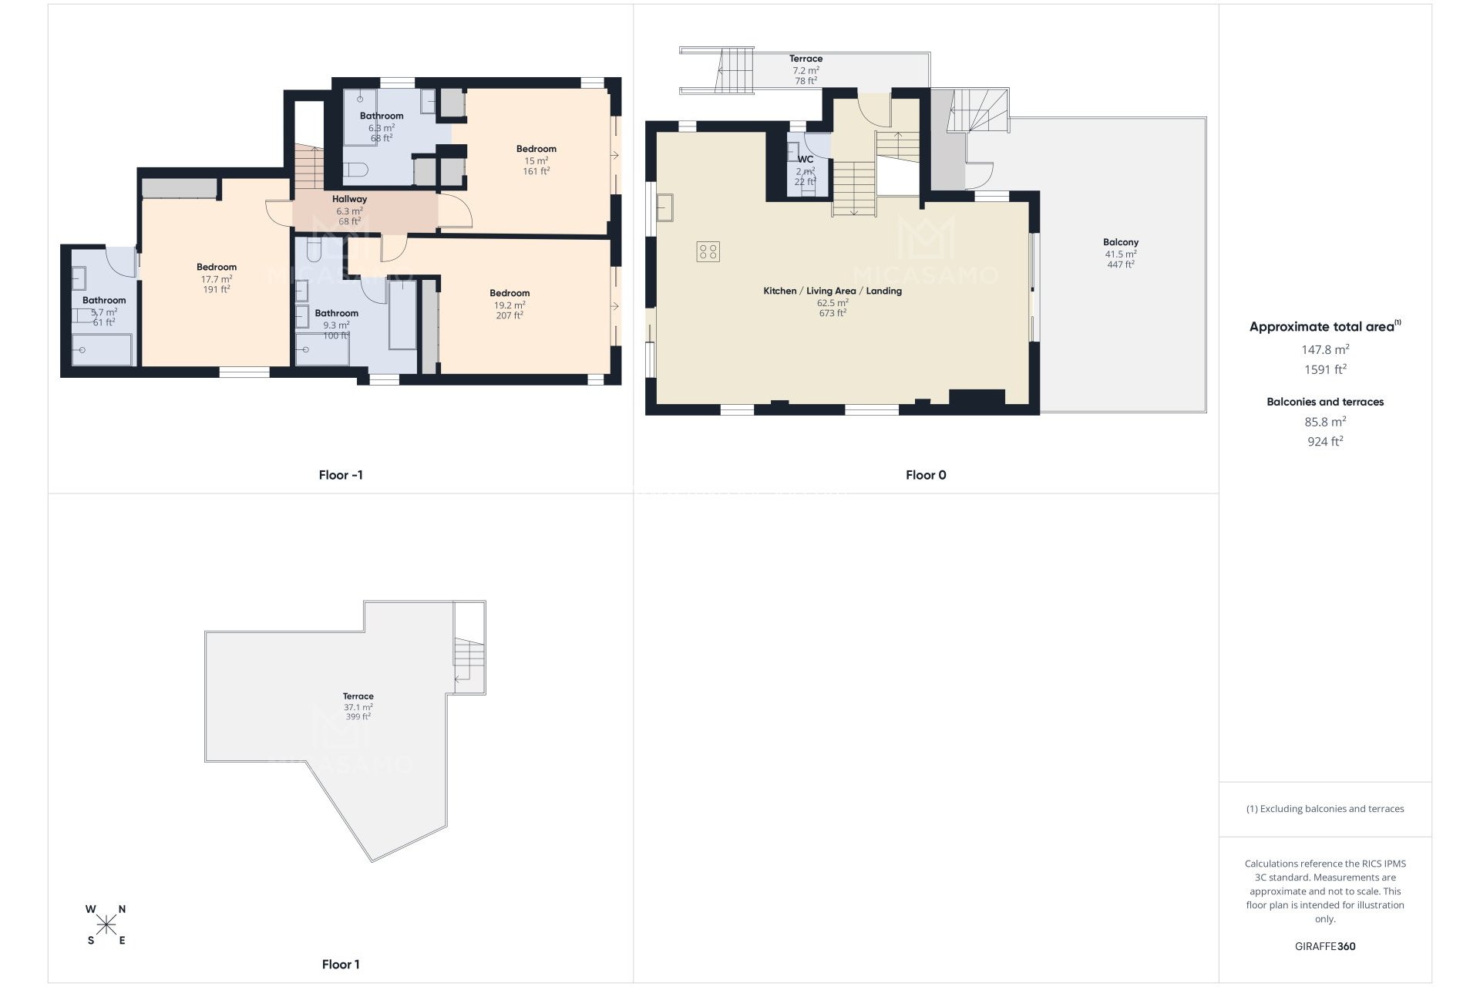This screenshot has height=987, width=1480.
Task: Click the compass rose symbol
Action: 106,924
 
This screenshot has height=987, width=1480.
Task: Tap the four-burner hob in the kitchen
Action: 708,251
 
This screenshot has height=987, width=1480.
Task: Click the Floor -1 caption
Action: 341,475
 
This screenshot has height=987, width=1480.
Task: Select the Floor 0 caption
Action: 926,475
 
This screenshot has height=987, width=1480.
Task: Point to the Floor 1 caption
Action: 341,964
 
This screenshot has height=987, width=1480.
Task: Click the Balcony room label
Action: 1120,242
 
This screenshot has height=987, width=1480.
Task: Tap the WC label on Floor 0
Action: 806,160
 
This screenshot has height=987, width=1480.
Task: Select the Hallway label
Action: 349,199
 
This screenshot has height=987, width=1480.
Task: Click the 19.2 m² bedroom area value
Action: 510,305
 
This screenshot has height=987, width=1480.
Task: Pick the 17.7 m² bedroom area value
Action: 217,279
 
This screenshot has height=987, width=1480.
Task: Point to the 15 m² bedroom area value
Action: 536,160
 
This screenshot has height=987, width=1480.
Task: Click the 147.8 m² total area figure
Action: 1325,349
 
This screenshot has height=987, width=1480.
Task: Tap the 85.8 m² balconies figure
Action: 1325,422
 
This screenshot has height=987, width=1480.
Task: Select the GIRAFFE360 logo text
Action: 1325,946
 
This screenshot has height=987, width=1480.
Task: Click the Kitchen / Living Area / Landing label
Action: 832,291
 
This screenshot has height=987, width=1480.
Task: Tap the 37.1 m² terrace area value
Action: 358,707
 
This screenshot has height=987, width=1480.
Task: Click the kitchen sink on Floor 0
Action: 665,207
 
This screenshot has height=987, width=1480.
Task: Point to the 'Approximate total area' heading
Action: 1321,327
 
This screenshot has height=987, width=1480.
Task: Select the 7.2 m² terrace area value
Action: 806,69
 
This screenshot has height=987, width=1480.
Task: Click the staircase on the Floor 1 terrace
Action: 468,659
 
